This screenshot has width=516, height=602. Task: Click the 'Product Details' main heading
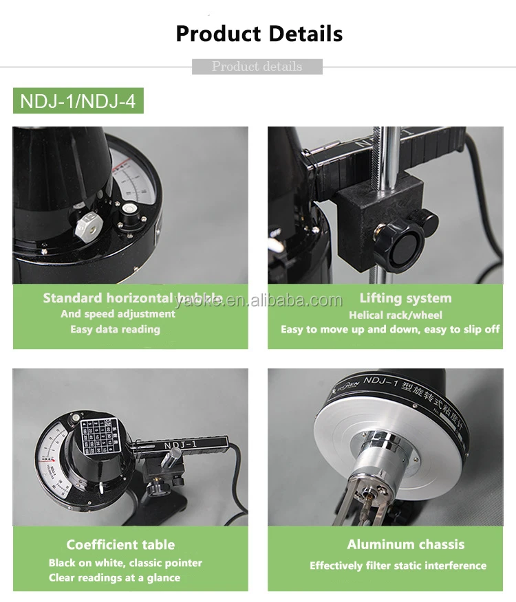[259, 33]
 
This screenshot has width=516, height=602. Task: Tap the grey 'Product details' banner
[257, 67]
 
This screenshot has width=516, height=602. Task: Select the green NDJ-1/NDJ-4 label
[78, 102]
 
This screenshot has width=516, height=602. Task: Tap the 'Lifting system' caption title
[405, 298]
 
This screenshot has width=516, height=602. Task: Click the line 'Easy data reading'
[115, 329]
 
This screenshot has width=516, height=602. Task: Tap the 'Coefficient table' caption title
[120, 544]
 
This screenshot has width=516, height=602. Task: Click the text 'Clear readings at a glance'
[114, 578]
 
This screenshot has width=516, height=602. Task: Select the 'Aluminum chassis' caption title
[405, 544]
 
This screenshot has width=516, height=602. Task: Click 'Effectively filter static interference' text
[398, 566]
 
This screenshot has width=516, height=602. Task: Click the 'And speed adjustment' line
[118, 314]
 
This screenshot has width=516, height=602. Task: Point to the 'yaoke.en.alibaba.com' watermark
[257, 300]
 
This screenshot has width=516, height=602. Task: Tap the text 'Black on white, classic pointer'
[125, 563]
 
